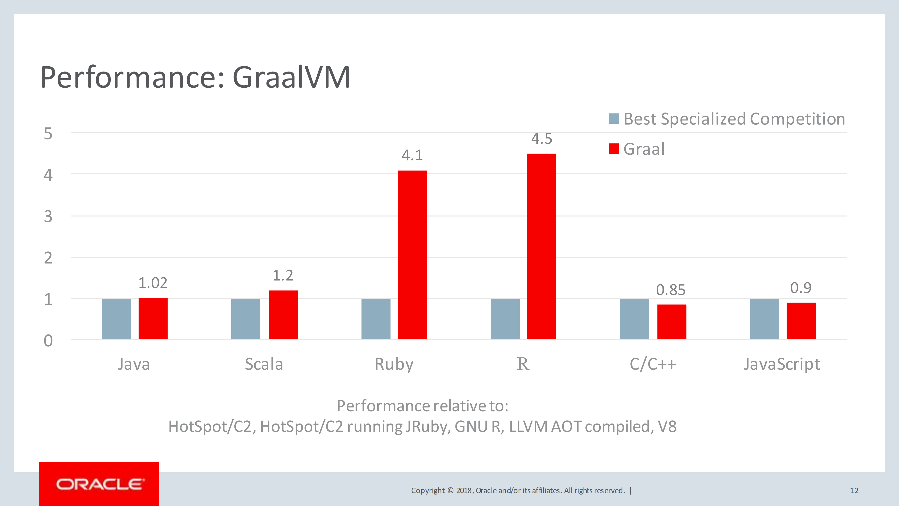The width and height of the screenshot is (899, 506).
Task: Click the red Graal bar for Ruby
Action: (412, 255)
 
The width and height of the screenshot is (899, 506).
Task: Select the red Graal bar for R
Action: (541, 246)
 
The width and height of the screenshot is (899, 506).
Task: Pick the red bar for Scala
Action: (283, 315)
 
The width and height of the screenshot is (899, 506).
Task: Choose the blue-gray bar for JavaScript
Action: (764, 319)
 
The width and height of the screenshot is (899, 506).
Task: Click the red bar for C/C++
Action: (671, 322)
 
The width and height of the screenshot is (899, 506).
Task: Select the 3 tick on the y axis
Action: (48, 217)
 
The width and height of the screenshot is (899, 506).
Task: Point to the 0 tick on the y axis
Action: (48, 341)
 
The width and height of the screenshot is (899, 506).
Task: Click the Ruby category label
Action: (394, 364)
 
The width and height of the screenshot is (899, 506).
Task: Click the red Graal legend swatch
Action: (613, 149)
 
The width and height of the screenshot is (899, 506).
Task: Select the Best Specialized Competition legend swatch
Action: (613, 119)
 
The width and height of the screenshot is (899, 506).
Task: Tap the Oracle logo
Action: (99, 484)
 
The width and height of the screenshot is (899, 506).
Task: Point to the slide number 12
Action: (854, 491)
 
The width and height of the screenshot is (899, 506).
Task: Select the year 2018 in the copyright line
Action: (463, 491)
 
